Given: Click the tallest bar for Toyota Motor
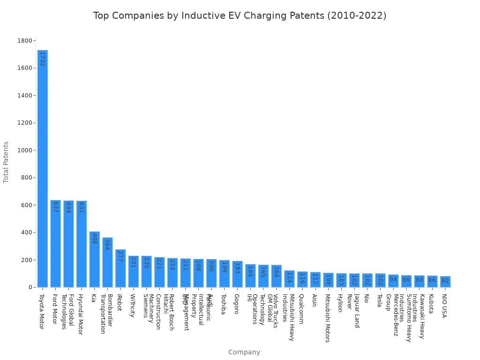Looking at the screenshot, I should pos(42,169).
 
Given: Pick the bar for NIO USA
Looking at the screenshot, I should pos(445,282).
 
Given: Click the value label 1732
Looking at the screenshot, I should pos(42,59).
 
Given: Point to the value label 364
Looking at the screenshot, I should pos(107,245).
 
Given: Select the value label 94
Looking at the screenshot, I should pos(393,279).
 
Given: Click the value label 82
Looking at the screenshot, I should pos(445,281).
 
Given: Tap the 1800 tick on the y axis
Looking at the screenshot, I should pos(24,41).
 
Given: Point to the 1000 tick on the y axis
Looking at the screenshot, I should pos(24,150).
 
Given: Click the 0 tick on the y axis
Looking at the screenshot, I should pos(30,287).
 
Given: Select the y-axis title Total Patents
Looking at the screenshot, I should pos(6,162).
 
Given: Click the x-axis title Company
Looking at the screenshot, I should pos(244,352).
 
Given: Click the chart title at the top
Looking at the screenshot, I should pos(240,15).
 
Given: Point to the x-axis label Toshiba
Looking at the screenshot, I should pos(223,304).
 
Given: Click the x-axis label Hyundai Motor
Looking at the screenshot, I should pos(80,314).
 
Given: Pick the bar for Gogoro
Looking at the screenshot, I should pos(237,274).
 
